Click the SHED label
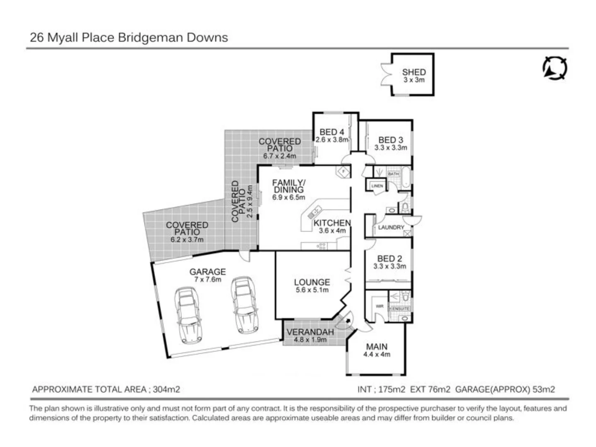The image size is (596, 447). coord(413,72)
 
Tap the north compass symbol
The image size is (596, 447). coord(555,68)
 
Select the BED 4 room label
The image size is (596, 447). coord(332,132)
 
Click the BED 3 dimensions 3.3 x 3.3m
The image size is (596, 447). coord(390,148)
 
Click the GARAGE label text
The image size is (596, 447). coord(207,272)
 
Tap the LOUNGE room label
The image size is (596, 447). coord(312,282)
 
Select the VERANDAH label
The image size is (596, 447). coord(310,332)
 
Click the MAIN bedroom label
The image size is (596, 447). coord(377,347)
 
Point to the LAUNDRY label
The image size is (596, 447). coord(391,227)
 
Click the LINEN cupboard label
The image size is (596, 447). coord(377,186)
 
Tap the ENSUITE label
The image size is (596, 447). coord(400,309)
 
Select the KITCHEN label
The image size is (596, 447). coord(332,223)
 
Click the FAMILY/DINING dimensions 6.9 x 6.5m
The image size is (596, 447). coord(288,197)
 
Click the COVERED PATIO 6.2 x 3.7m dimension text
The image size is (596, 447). coord(187,240)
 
